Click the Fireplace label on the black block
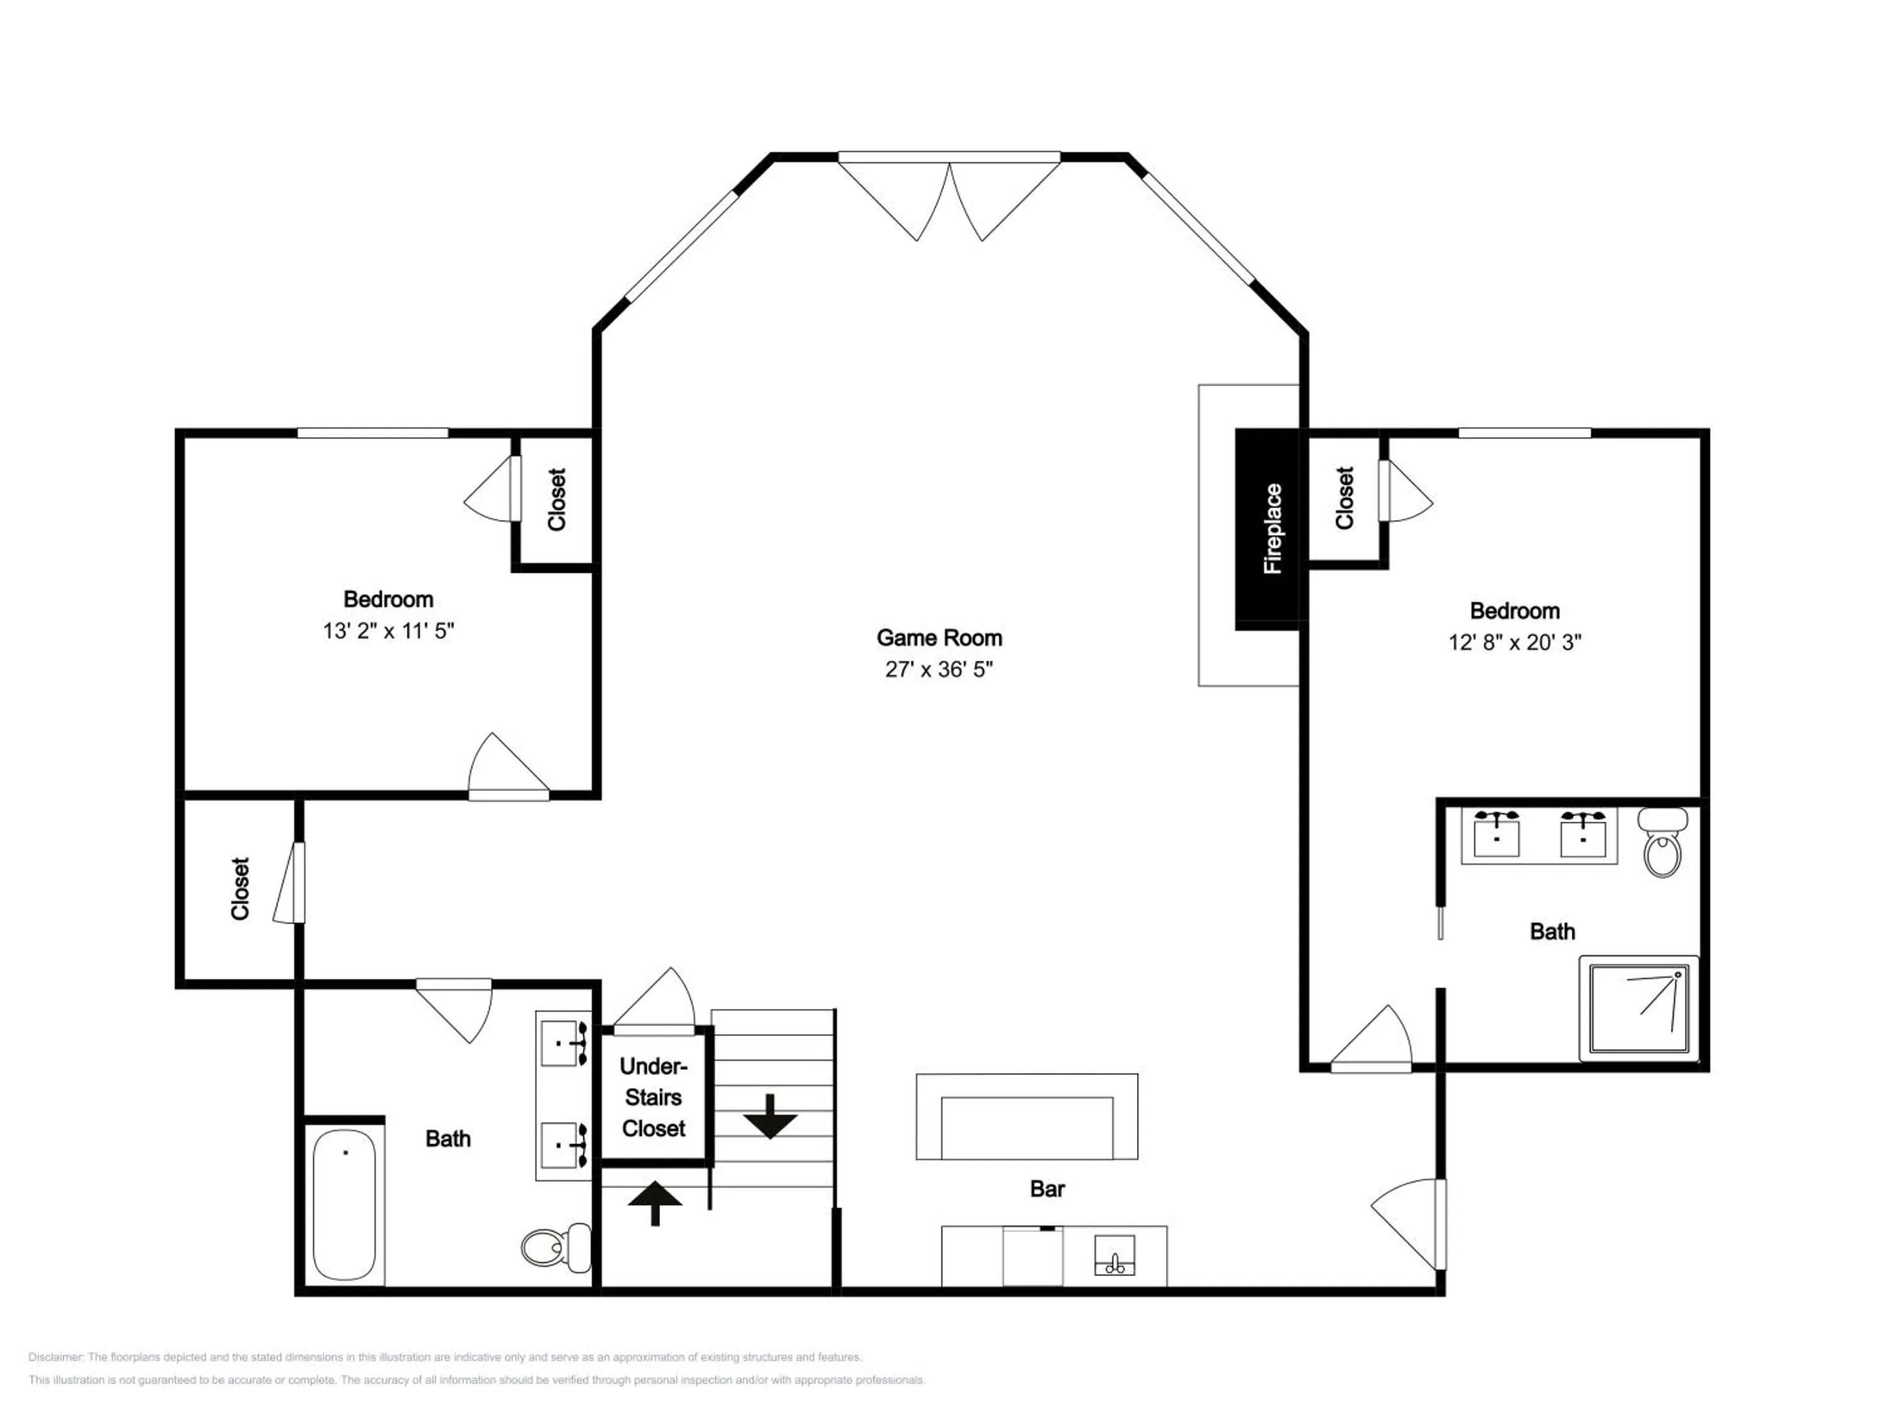[x=1272, y=529]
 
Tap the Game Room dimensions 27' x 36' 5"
[x=939, y=669]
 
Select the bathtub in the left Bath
[x=344, y=1204]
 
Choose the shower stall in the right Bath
[x=1639, y=1008]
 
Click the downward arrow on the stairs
[x=770, y=1117]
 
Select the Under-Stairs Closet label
[x=653, y=1097]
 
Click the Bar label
[x=1047, y=1189]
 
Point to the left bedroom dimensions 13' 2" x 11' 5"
[x=388, y=631]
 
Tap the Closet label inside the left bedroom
[x=557, y=500]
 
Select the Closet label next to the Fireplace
[x=1345, y=498]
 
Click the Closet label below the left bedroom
[x=240, y=888]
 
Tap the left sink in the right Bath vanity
[x=1497, y=833]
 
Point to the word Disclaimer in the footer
[x=55, y=1357]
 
